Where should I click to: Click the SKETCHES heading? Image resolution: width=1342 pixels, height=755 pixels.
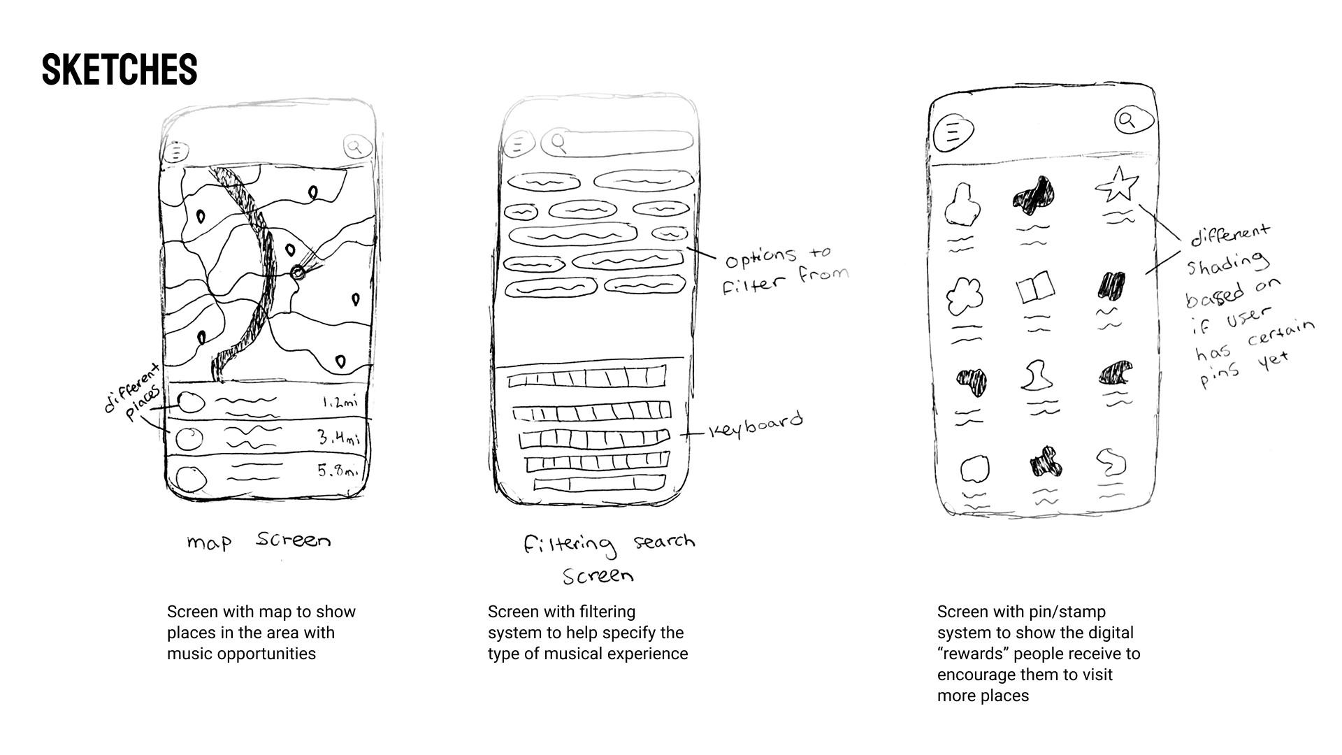[x=120, y=70]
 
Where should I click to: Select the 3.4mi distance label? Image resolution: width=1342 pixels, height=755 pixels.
[x=339, y=438]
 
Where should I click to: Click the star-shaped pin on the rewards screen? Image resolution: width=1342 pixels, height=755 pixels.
[x=1117, y=185]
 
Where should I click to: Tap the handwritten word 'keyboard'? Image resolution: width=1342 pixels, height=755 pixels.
[x=756, y=425]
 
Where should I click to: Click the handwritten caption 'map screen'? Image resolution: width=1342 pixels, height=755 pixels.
[x=258, y=541]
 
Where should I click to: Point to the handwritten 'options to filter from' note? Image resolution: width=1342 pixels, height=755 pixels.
[x=786, y=270]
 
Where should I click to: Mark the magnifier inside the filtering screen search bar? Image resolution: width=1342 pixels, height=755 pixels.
[x=558, y=143]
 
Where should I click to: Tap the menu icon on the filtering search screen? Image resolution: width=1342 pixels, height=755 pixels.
[x=518, y=145]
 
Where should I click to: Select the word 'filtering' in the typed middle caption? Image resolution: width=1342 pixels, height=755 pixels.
[x=608, y=612]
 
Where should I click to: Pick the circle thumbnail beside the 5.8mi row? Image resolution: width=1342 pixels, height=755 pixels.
[x=191, y=479]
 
